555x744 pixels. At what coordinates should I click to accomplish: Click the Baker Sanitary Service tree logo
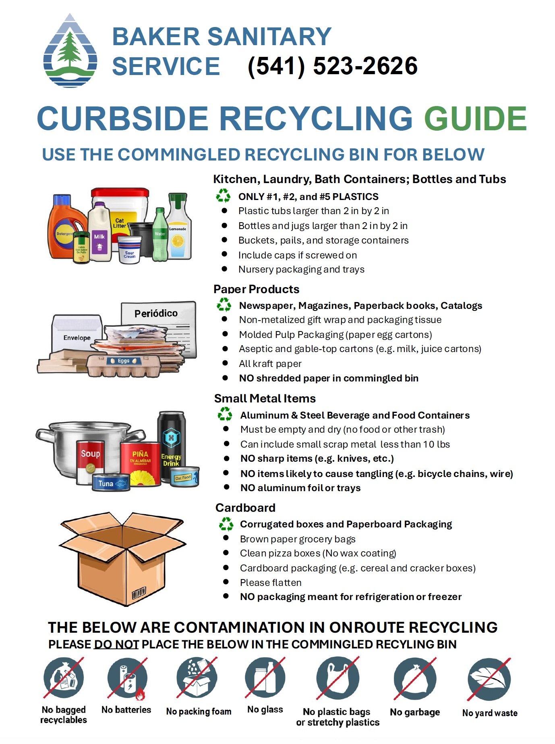point(70,51)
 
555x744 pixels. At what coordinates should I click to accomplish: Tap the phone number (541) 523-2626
point(332,66)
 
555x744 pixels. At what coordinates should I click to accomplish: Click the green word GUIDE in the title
point(475,119)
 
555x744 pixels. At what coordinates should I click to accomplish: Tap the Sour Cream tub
point(129,250)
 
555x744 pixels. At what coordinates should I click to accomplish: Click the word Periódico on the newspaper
point(156,313)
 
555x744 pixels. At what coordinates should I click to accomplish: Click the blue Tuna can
point(109,483)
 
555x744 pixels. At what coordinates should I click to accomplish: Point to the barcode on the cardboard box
point(139,593)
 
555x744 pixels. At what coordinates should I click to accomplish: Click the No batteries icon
point(127,678)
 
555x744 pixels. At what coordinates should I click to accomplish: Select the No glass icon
point(265,678)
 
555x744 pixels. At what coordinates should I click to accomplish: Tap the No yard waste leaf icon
point(489,679)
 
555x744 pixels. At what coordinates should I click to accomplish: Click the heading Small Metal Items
point(265,398)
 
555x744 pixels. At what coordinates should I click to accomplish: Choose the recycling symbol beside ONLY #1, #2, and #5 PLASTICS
point(223,196)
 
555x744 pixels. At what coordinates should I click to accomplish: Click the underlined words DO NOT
point(116,644)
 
